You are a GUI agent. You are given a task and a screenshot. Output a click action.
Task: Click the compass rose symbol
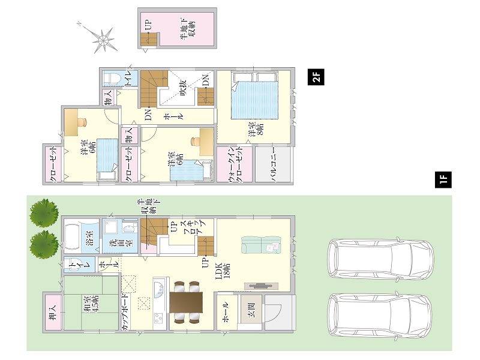click(103, 39)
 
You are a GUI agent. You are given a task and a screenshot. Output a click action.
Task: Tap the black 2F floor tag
click(316, 77)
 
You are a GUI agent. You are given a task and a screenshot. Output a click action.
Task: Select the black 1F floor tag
click(443, 179)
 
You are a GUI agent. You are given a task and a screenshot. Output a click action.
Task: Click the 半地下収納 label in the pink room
click(187, 29)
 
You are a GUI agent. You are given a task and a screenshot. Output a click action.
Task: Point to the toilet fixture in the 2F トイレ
click(111, 79)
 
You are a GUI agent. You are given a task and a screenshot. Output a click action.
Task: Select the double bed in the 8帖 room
click(254, 95)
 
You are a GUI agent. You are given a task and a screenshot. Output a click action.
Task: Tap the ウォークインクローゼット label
click(235, 164)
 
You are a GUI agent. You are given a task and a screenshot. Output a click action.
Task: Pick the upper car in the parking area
click(380, 258)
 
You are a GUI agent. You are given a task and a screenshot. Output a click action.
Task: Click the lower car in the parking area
click(380, 316)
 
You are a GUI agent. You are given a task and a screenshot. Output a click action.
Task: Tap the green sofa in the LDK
click(261, 245)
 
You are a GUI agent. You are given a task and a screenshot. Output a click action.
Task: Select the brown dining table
click(186, 302)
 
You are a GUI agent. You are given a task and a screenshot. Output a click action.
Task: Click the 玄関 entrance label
click(251, 310)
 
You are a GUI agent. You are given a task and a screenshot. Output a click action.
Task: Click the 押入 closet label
click(53, 313)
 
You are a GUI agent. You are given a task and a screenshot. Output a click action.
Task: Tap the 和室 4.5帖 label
click(91, 304)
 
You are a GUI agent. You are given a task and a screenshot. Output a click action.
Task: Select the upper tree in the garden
click(44, 213)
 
